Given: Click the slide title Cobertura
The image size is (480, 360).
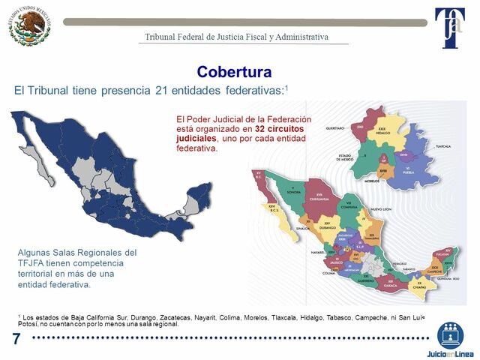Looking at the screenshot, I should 233,72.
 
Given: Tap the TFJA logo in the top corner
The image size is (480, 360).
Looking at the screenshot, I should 450,28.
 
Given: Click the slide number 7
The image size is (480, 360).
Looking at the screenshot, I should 16,339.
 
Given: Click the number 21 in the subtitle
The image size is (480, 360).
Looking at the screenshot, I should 176,90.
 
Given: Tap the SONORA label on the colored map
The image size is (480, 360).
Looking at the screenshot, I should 295,192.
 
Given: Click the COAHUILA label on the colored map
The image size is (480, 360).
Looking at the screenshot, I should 351,205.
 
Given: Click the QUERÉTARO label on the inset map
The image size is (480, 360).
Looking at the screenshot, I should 342,128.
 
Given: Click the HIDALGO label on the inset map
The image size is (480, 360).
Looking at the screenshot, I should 382,132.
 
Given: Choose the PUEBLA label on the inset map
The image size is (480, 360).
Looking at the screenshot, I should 409,172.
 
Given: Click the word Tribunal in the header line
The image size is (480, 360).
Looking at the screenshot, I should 161,37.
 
